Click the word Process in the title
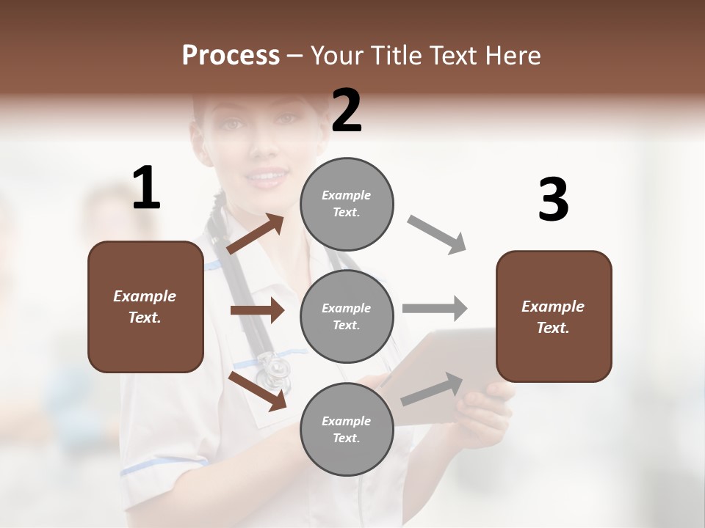point(231,55)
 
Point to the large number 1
point(146,188)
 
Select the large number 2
point(347,111)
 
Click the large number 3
point(553,200)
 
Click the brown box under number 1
point(145,307)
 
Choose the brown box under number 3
point(554,316)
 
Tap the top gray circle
point(347,204)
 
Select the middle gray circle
point(347,316)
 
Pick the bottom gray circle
point(347,429)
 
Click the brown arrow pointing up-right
point(255,234)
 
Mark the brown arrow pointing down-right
point(257,390)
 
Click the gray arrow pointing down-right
point(437,235)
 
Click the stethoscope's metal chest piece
point(274,369)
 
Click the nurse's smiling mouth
point(266,176)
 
